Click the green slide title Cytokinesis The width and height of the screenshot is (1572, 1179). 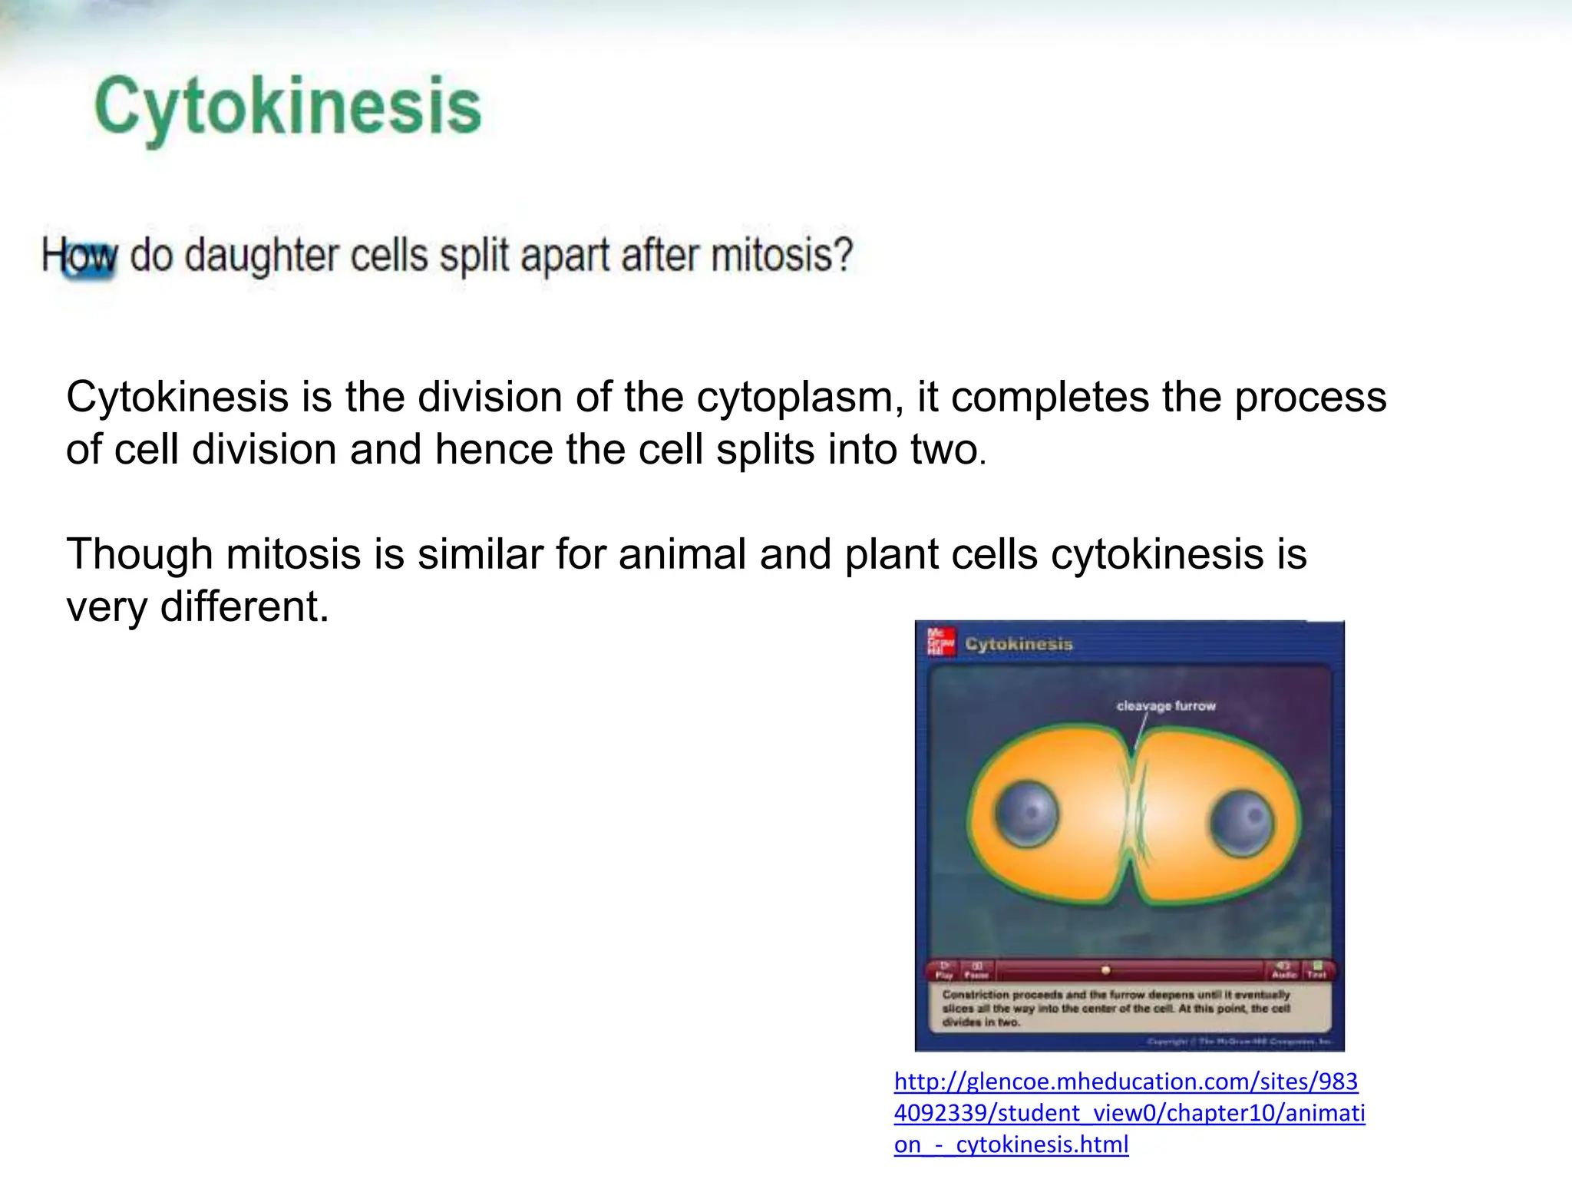288,107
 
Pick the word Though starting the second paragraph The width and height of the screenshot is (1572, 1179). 139,554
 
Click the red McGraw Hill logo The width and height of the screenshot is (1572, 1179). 941,642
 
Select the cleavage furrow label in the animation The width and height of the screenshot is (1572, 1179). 1165,705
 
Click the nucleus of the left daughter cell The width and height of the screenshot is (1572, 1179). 1026,814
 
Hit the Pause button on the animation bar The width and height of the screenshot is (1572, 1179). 976,970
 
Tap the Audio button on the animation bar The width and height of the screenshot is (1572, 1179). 1283,970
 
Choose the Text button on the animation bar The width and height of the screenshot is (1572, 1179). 1317,970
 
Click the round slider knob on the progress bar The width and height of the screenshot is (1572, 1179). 1105,970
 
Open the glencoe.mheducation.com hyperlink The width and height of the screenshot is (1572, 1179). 1128,1112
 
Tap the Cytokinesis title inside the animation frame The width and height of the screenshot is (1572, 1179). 1019,644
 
